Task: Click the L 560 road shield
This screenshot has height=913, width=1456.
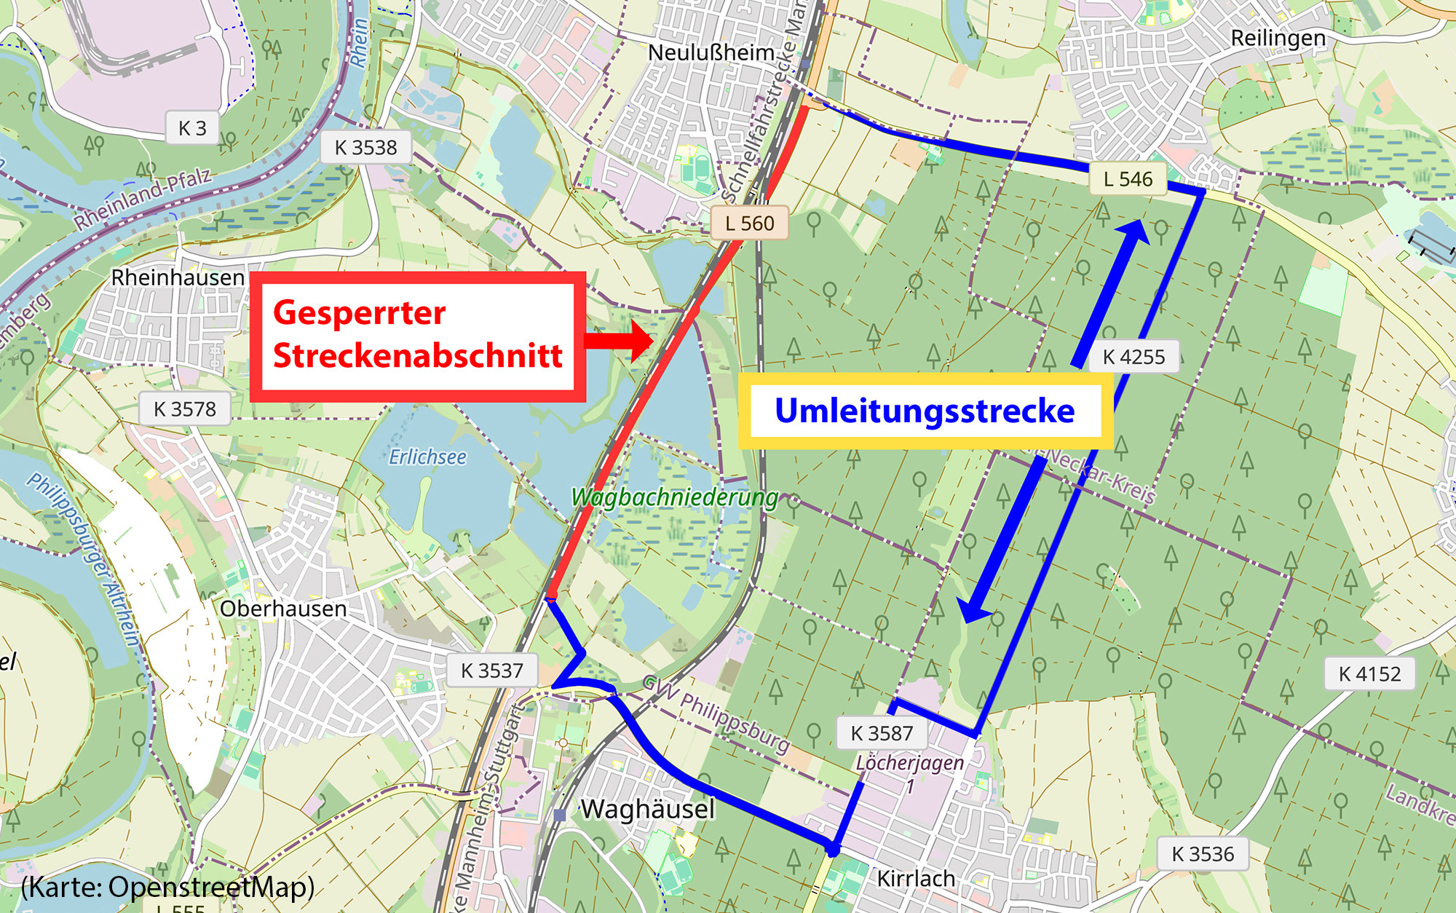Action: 749,224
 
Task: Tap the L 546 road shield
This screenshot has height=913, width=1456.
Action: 1128,179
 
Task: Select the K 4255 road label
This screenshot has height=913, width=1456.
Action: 1133,357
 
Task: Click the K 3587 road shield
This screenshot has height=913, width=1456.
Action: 881,733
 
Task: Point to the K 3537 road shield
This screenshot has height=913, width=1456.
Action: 491,671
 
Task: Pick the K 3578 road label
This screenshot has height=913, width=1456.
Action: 184,409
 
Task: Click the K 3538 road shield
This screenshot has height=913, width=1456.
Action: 365,148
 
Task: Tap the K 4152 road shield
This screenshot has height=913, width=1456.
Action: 1369,674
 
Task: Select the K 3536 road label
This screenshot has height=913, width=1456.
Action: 1203,854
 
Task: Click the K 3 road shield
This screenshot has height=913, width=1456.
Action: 192,129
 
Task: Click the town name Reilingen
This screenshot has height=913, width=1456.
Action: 1278,38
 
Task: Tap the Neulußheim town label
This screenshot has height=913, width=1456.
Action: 711,52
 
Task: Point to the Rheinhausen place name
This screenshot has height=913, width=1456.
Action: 178,277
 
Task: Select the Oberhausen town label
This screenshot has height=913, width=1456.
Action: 283,609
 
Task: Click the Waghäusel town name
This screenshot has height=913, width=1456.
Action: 648,809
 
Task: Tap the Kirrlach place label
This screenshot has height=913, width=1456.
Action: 915,879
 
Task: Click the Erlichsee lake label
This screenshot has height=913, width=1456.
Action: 427,457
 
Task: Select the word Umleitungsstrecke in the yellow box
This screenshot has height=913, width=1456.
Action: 925,411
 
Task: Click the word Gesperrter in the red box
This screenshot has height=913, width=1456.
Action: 359,313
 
